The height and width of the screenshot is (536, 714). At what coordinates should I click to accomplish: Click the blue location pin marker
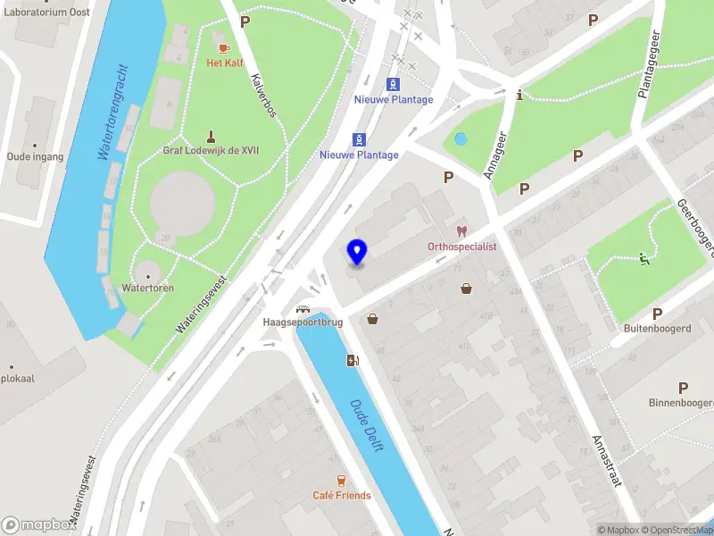[356, 252]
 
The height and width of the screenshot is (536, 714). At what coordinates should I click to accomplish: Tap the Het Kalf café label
[224, 63]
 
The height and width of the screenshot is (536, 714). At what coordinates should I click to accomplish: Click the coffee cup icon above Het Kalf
[224, 47]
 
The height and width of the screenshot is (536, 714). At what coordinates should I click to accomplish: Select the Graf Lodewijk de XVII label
[212, 150]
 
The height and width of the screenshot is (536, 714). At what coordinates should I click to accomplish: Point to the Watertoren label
[148, 289]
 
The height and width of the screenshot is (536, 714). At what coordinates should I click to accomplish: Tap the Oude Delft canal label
[367, 425]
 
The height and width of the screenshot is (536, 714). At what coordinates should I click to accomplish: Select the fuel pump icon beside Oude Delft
[353, 361]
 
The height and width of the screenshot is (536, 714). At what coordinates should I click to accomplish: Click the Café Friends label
[341, 496]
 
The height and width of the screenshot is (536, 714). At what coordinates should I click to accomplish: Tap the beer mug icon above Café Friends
[341, 481]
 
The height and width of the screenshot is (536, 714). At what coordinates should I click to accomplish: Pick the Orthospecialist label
[461, 246]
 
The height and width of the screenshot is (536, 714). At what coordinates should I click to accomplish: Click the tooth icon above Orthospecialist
[461, 230]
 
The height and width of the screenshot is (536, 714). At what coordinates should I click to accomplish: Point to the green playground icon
[644, 260]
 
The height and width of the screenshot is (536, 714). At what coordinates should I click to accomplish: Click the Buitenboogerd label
[658, 328]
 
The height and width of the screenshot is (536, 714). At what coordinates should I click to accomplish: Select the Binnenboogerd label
[681, 402]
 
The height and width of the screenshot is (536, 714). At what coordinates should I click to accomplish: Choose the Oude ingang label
[36, 156]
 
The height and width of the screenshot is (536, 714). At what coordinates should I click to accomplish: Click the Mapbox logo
[39, 525]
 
